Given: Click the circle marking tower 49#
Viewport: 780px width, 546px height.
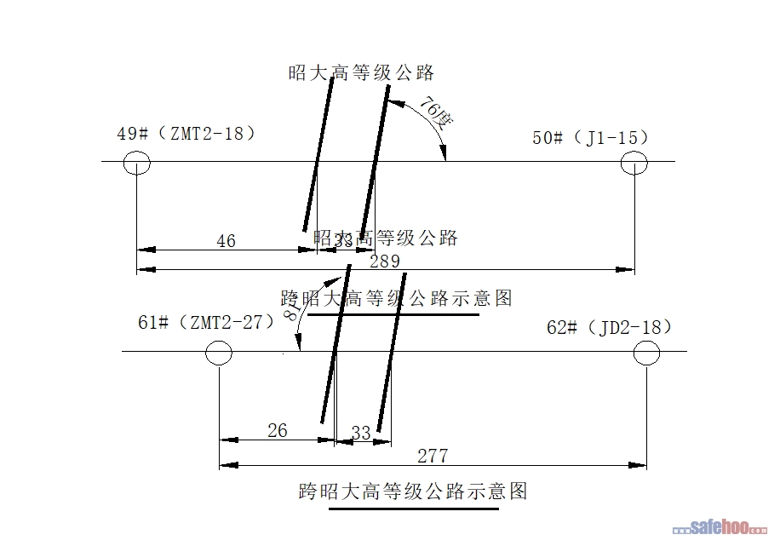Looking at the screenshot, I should [137, 162].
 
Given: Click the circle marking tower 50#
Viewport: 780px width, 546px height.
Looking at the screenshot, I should [634, 162].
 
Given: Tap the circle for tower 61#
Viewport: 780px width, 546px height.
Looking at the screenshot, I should [219, 352].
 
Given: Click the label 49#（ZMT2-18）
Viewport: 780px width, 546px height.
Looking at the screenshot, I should [186, 134].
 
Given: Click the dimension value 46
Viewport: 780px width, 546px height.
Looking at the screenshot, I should [226, 241].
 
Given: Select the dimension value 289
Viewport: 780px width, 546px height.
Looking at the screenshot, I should [384, 261].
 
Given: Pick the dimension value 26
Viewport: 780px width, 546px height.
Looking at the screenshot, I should [278, 431].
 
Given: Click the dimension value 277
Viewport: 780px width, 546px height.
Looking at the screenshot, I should [433, 456].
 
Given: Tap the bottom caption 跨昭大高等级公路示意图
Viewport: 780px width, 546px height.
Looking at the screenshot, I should [414, 491].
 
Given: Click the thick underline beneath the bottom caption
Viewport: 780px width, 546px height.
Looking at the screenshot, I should [414, 509].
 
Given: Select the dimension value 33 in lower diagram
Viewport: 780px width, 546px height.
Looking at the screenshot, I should [361, 434].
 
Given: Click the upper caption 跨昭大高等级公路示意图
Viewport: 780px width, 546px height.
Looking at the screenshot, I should [397, 298].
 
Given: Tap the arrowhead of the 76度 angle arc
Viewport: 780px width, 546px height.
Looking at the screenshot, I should [444, 155].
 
